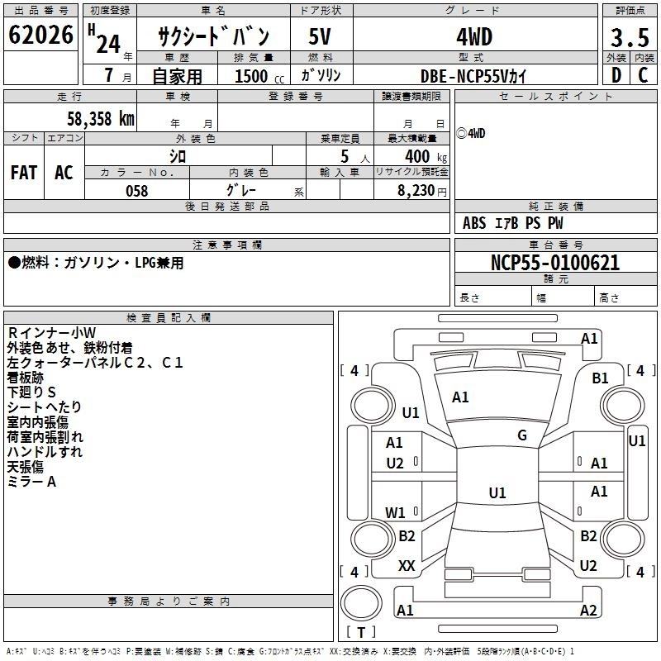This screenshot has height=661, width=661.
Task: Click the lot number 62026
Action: coord(40,35)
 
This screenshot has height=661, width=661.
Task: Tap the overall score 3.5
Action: coord(630,37)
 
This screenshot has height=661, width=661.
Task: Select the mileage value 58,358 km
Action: coord(101,118)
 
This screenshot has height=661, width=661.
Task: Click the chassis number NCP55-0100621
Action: coord(555,263)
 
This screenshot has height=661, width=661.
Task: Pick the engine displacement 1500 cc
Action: coord(259,76)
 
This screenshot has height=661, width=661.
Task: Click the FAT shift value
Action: coord(24,173)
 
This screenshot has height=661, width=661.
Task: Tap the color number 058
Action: coord(137,191)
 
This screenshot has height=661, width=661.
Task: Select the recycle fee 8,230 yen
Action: coord(422,191)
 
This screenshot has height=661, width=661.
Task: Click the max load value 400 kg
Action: coord(426,156)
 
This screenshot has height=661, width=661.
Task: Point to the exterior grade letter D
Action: coord(616,75)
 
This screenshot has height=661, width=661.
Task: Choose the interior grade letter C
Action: coord(643,75)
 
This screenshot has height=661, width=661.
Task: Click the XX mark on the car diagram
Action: coord(407,566)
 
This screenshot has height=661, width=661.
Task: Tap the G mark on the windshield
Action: coord(522,435)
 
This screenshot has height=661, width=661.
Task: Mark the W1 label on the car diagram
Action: coord(395,512)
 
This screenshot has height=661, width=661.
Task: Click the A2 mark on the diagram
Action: coord(588,610)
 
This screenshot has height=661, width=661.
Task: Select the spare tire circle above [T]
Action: coord(361,603)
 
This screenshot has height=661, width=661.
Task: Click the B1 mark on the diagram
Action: coord(600,378)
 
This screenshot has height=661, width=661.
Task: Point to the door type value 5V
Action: coord(320,36)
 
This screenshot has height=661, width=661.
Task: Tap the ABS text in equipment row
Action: coord(474,223)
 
